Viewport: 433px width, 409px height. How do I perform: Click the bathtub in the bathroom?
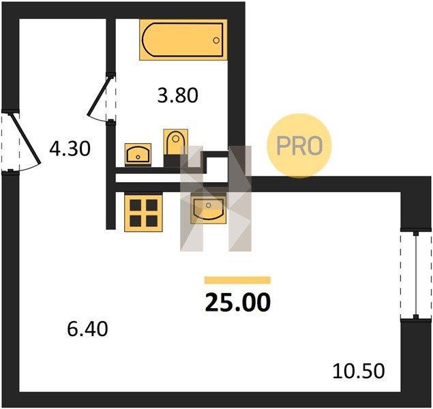(x=183, y=40)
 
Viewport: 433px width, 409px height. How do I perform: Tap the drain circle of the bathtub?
(x=216, y=40)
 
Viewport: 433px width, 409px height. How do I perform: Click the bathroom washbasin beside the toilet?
(x=138, y=155)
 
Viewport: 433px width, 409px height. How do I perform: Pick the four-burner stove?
(x=144, y=213)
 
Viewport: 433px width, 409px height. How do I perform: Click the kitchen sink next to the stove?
(x=209, y=209)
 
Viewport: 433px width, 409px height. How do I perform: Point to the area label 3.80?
(x=177, y=95)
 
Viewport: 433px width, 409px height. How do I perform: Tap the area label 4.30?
(x=70, y=149)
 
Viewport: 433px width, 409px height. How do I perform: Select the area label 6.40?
(x=87, y=329)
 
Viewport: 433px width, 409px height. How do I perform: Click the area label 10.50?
(x=359, y=371)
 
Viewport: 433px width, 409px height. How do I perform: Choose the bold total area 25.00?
(x=238, y=302)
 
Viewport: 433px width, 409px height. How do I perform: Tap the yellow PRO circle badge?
(x=299, y=146)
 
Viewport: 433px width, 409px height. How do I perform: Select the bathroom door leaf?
(x=100, y=96)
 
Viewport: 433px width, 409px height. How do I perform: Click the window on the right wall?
(x=416, y=275)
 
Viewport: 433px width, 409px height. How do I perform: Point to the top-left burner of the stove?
(x=136, y=205)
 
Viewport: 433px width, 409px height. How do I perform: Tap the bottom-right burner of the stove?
(x=151, y=221)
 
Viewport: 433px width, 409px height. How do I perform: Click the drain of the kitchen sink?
(x=209, y=205)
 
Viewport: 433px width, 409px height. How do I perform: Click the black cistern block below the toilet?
(x=172, y=161)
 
